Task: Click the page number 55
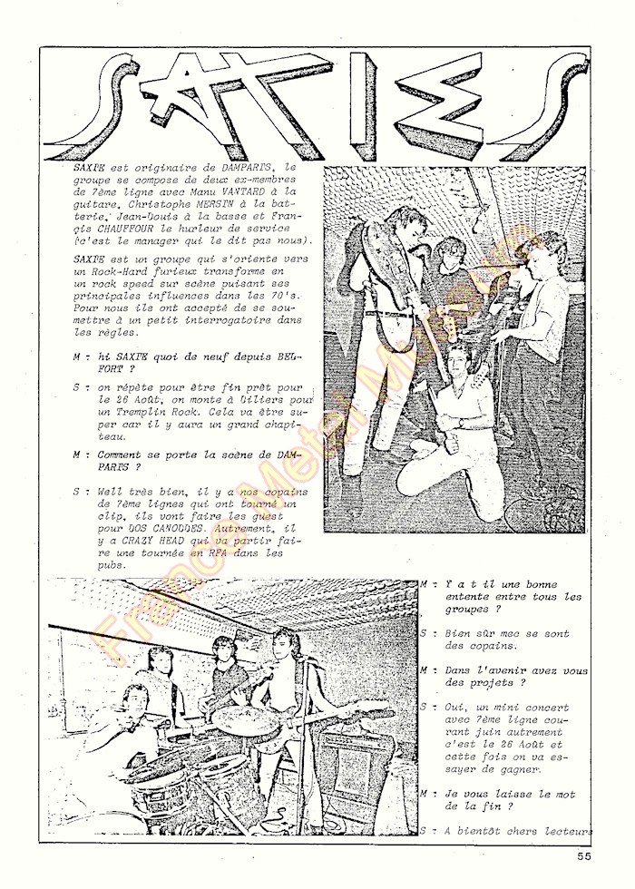[x=583, y=855]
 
